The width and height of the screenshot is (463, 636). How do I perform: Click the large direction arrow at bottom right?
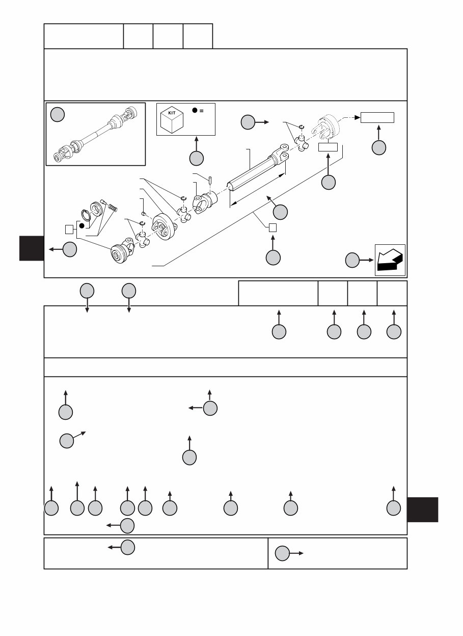390,260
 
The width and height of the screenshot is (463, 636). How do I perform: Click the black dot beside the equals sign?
195,110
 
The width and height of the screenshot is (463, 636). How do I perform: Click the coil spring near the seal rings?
114,208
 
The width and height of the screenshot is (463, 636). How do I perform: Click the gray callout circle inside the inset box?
58,115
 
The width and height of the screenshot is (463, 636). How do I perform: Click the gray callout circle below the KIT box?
196,158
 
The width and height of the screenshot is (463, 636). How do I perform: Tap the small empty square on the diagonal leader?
273,227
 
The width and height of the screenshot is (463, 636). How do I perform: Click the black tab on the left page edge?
32,248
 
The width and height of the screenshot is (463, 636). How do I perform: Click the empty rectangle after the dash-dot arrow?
377,117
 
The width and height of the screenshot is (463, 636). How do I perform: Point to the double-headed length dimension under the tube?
257,189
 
